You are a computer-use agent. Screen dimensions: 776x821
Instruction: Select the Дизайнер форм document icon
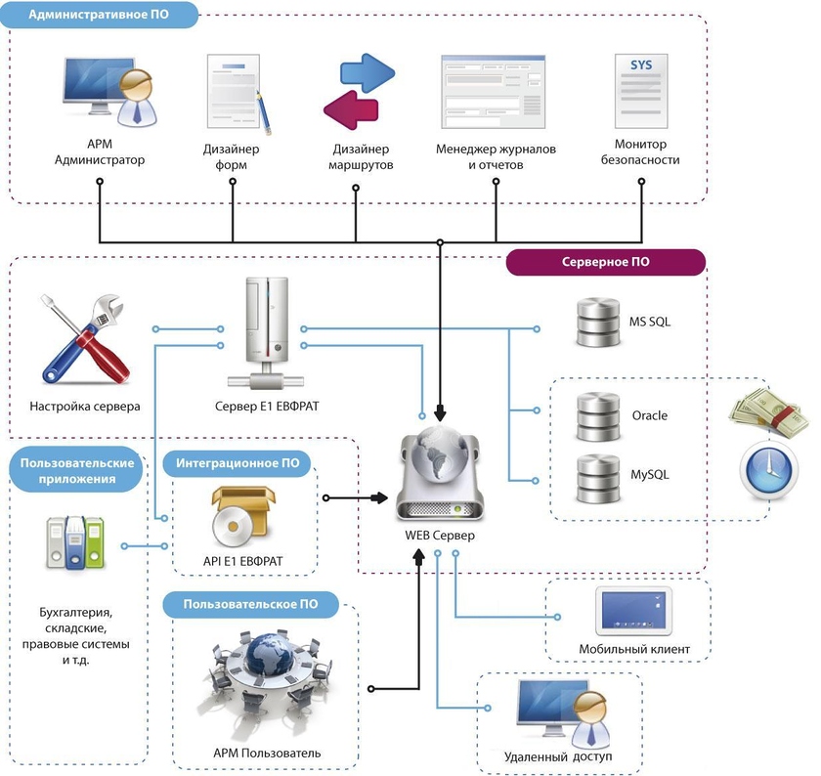pos(235,94)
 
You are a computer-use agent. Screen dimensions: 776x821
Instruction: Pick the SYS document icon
pos(640,94)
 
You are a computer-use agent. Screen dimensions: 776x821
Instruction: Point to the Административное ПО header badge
pos(104,16)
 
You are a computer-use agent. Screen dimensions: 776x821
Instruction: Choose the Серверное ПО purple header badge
pos(606,262)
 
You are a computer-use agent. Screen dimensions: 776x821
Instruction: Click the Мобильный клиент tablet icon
pos(632,610)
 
